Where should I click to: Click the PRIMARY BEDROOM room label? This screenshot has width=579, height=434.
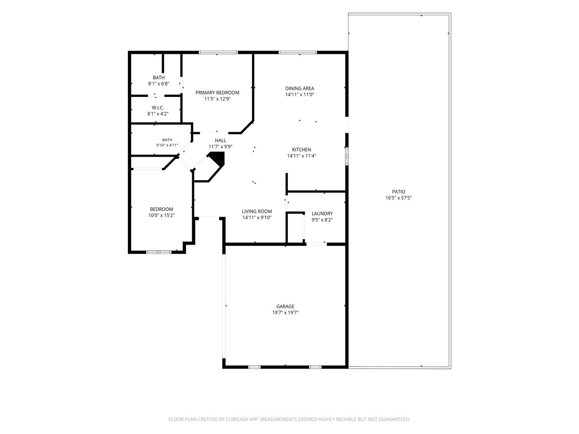tap(217, 92)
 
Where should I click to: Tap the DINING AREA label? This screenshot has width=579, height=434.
tap(300, 88)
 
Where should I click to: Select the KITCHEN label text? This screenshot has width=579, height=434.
tap(302, 149)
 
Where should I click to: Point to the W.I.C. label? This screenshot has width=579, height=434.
tap(158, 108)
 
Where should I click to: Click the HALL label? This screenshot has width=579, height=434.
tap(220, 140)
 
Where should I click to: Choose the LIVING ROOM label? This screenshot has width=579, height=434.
tap(257, 211)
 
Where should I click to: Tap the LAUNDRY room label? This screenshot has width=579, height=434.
tap(322, 213)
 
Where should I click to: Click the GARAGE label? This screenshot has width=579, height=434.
tap(285, 306)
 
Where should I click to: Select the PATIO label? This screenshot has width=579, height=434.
tap(398, 192)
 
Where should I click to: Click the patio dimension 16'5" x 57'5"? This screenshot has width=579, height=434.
tap(398, 198)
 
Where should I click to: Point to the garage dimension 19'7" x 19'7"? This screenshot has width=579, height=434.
tap(285, 313)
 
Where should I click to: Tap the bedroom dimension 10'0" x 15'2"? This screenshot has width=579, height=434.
tap(161, 215)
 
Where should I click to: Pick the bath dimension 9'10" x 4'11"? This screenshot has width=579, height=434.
tap(167, 145)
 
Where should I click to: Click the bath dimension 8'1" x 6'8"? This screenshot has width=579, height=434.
tap(158, 84)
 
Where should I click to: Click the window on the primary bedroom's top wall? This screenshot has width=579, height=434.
tap(218, 52)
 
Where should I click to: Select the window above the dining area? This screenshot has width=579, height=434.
tap(298, 52)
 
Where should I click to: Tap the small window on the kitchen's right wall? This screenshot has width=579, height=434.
tap(347, 156)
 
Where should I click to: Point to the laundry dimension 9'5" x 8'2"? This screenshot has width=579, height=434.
tap(322, 220)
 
